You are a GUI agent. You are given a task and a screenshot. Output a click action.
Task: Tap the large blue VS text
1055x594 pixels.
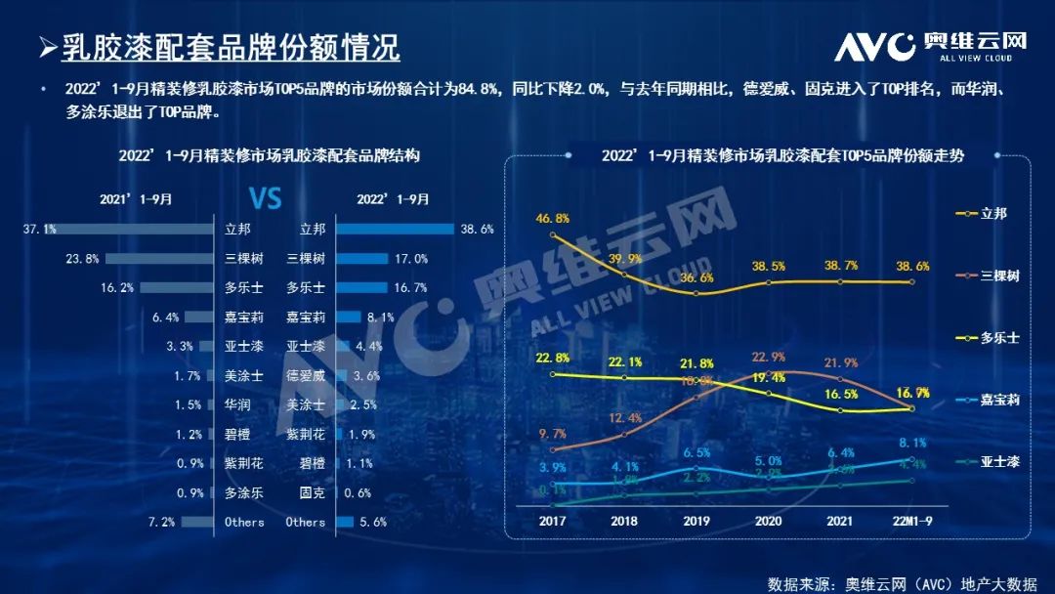265,199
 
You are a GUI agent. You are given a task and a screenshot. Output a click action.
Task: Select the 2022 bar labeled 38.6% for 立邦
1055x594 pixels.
397,230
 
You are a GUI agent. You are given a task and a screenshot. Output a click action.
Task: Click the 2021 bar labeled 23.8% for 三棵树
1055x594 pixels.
159,259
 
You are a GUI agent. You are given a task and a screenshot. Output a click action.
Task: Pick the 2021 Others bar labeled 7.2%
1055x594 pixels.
197,522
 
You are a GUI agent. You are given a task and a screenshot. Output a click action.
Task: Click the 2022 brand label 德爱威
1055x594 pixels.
306,375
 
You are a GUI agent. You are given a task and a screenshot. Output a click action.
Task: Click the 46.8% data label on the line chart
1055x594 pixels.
553,218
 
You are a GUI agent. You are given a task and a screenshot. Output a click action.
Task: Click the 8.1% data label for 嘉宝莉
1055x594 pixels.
910,442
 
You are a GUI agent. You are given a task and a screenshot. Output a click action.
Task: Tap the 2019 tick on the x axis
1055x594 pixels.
696,521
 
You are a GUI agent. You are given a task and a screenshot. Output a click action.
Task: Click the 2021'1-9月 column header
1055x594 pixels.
136,199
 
